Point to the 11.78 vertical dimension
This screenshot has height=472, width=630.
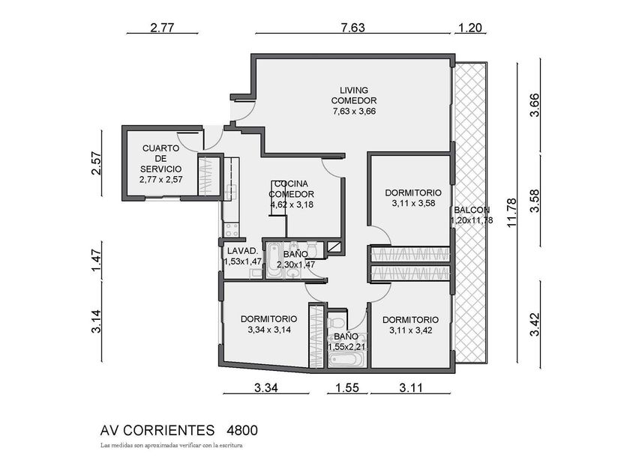tap(511, 213)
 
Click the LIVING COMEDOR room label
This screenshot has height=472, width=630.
tap(353, 96)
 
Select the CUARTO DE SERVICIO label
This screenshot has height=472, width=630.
tap(160, 159)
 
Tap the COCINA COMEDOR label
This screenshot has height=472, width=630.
tap(291, 189)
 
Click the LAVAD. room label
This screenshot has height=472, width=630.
tap(242, 251)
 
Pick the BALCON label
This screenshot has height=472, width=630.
tap(472, 210)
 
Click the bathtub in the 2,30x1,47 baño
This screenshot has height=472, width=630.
tap(274, 260)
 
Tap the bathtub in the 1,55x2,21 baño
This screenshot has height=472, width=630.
tap(346, 358)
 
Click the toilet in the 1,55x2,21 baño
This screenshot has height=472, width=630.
tap(337, 323)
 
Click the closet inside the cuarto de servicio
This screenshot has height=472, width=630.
tap(208, 176)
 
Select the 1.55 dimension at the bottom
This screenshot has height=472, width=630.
tap(347, 388)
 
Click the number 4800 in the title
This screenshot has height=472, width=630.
tap(241, 430)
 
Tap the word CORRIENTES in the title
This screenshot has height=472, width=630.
tap(168, 430)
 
